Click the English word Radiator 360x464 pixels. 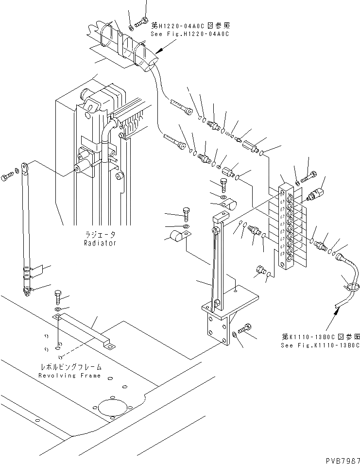(99, 243)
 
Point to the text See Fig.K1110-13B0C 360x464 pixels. (320, 345)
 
